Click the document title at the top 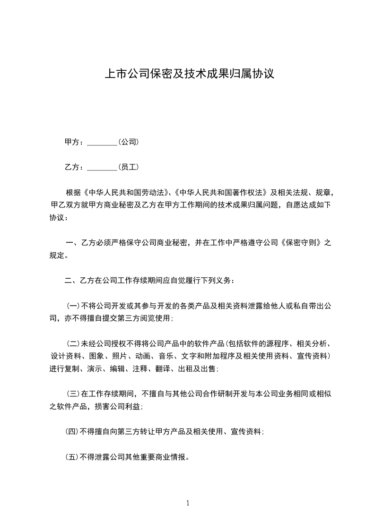pos(187,74)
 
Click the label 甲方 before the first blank pos(73,142)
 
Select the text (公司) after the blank pos(128,142)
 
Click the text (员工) pos(128,167)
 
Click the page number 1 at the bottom pos(188,503)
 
